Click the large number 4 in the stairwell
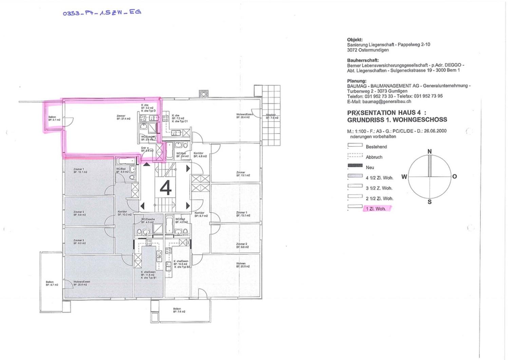click(x=165, y=188)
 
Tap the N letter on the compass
click(x=429, y=151)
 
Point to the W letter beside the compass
click(x=404, y=177)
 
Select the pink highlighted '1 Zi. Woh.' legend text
click(x=376, y=209)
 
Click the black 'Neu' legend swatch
click(x=355, y=166)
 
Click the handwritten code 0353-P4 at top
click(x=102, y=13)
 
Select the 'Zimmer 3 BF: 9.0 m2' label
click(x=79, y=242)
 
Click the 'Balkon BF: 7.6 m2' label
click(x=179, y=310)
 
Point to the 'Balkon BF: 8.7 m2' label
click(x=52, y=283)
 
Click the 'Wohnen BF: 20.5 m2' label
click(x=243, y=265)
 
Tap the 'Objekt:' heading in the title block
click(x=355, y=40)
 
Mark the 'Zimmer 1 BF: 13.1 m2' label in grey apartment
click(x=80, y=170)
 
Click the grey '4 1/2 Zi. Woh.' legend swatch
click(x=355, y=176)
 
